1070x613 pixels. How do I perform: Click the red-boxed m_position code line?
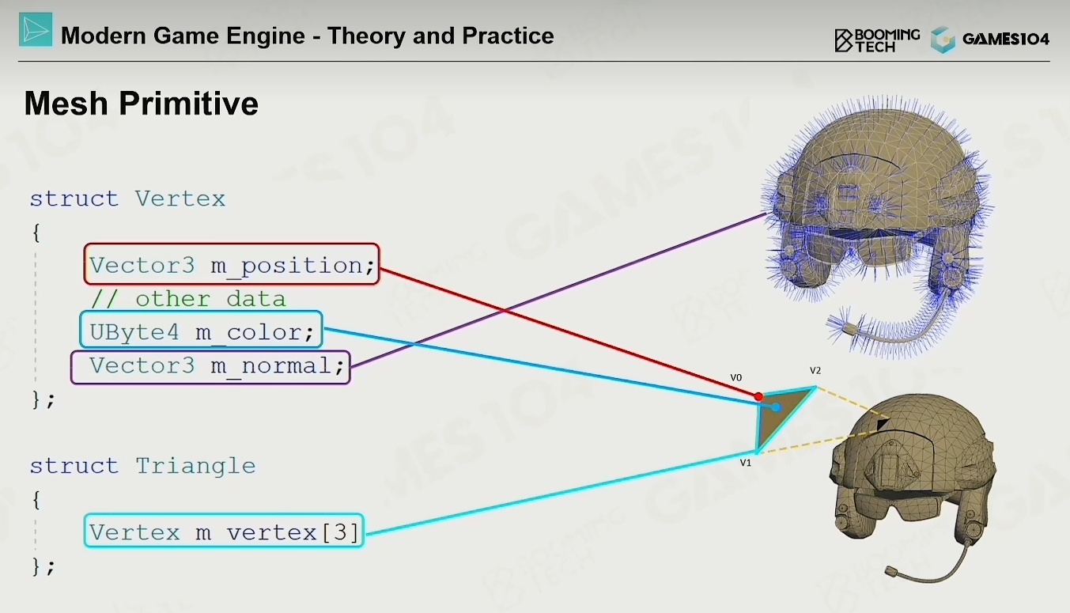tap(232, 264)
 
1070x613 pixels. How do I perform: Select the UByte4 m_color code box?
tap(201, 330)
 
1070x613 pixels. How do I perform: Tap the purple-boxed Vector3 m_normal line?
tap(210, 367)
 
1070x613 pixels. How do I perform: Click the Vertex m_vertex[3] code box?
tap(224, 530)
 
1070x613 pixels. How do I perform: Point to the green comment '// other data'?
tap(188, 299)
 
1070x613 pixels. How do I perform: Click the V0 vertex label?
tap(736, 377)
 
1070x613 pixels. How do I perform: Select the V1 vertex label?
tap(746, 463)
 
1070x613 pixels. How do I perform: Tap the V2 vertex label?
tap(815, 370)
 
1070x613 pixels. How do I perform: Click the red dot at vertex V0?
tap(758, 396)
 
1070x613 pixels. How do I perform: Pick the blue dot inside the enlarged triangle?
tap(777, 407)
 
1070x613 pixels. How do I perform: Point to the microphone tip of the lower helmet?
tap(890, 571)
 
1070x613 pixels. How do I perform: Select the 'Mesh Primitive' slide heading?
tap(142, 103)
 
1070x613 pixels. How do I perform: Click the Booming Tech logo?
tap(877, 40)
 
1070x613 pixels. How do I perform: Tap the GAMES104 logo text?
tap(1006, 39)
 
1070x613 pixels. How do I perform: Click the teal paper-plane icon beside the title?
tap(36, 29)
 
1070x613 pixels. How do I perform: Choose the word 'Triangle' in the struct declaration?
tap(195, 466)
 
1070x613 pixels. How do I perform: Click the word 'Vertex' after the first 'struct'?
tap(180, 199)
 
